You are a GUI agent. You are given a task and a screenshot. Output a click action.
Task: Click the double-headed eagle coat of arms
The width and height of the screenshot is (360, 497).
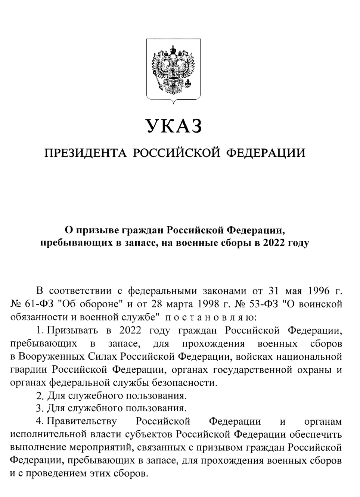pos(173,70)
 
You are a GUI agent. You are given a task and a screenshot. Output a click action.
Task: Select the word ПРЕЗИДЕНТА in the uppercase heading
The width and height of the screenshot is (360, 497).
pos(84,153)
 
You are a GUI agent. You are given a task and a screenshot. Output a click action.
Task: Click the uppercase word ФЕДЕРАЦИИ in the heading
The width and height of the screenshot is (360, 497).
pos(266,153)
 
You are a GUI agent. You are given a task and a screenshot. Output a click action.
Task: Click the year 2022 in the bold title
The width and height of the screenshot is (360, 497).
pos(274,243)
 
